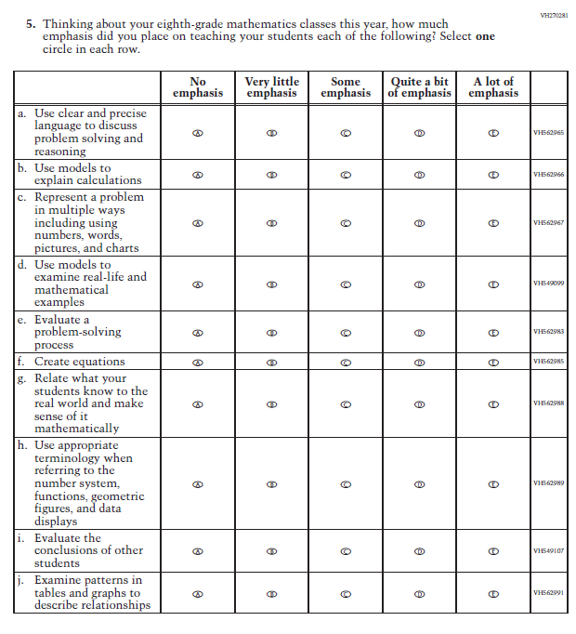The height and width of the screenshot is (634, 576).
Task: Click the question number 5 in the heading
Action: coord(33,24)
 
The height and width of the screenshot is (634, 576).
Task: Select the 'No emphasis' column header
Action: coord(197,87)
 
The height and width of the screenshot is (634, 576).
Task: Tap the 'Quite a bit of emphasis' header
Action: coord(419,87)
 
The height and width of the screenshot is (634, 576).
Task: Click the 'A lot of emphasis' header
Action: coord(493,87)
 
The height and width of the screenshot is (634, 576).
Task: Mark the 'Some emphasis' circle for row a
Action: coord(346,133)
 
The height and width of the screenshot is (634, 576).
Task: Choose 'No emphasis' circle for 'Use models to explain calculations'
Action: coord(197,175)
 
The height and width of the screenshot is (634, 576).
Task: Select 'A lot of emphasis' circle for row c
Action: coord(493,223)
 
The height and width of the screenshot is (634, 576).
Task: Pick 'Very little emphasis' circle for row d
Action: coord(271,284)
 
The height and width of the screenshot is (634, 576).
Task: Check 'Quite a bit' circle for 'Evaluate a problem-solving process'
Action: coord(419,332)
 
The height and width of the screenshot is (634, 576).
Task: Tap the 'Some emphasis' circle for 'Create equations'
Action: coord(346,362)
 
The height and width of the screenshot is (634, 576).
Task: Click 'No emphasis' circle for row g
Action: coord(197,404)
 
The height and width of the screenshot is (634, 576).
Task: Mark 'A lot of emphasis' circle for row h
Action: coord(493,483)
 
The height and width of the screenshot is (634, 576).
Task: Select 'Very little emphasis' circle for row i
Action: coord(271,550)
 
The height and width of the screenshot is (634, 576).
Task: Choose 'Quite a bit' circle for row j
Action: coord(419,593)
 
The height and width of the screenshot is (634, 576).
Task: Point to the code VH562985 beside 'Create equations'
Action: coord(548,362)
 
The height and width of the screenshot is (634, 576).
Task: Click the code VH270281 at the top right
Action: coord(553,15)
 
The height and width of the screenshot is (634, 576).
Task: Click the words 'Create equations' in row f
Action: coord(79,362)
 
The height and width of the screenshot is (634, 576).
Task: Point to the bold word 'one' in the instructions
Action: coord(485,36)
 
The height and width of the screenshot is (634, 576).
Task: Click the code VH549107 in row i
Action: coord(548,550)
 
